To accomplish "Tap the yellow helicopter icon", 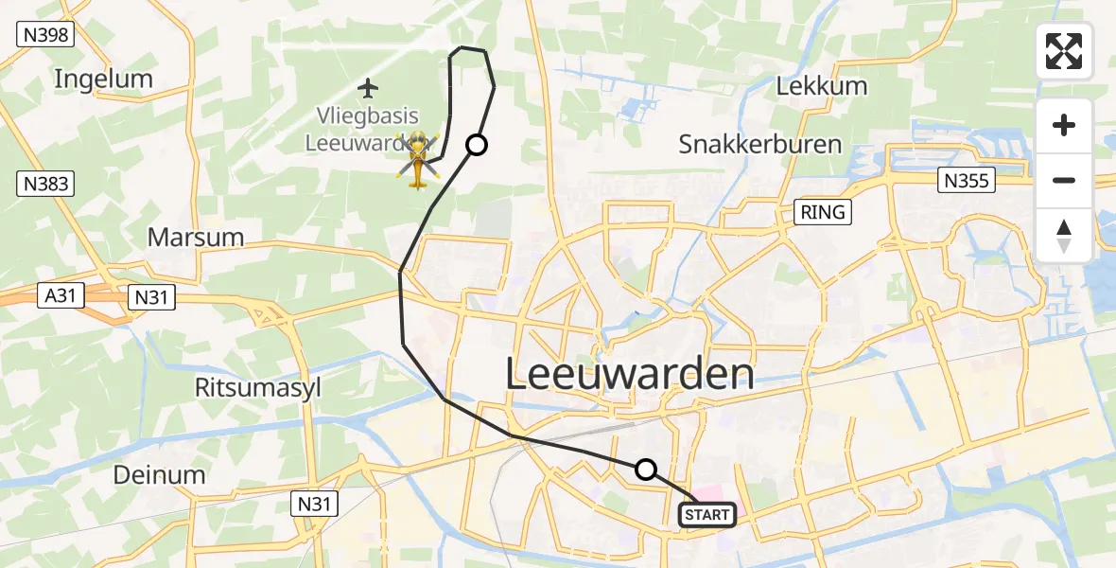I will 417,160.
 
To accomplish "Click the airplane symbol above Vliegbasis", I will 368,89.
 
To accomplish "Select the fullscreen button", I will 1064,51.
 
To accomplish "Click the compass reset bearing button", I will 1064,236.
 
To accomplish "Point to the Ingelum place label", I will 103,79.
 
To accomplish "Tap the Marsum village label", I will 196,237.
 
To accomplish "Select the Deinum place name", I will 159,474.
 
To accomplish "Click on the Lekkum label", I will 808,86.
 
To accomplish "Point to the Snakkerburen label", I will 759,144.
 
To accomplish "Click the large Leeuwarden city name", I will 630,375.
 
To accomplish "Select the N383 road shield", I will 45,184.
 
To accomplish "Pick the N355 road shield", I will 967,180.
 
